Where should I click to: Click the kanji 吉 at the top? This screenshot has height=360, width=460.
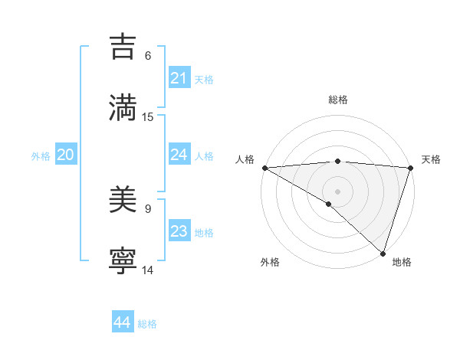pyautogui.click(x=123, y=47)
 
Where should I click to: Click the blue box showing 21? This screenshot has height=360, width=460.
pyautogui.click(x=179, y=78)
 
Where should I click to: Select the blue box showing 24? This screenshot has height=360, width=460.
pyautogui.click(x=179, y=155)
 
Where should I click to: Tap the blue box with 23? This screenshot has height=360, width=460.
pyautogui.click(x=179, y=231)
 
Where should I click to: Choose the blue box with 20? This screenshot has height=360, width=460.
pyautogui.click(x=66, y=155)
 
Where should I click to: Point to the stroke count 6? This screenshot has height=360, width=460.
pyautogui.click(x=148, y=56)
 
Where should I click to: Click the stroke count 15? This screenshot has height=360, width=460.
pyautogui.click(x=148, y=117)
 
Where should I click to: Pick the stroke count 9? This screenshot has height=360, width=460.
pyautogui.click(x=148, y=208)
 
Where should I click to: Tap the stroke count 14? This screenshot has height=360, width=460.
pyautogui.click(x=148, y=270)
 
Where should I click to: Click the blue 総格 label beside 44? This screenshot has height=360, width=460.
pyautogui.click(x=147, y=324)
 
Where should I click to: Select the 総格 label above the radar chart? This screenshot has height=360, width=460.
pyautogui.click(x=338, y=100)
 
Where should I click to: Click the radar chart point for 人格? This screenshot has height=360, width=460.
pyautogui.click(x=264, y=168)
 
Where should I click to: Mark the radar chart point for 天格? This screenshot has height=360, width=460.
pyautogui.click(x=410, y=168)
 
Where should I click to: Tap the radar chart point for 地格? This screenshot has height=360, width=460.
pyautogui.click(x=383, y=253)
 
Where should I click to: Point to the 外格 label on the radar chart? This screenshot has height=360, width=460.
pyautogui.click(x=270, y=263)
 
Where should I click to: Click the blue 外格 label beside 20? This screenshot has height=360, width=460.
pyautogui.click(x=41, y=156)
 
